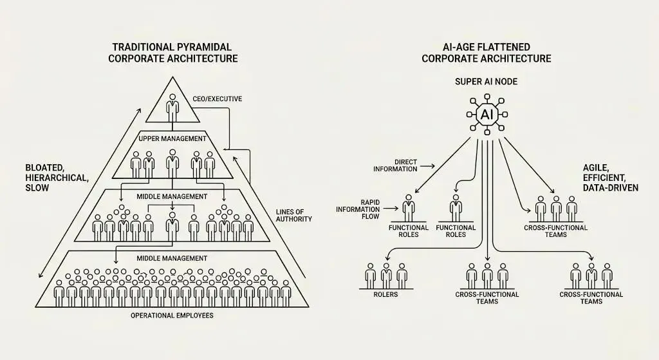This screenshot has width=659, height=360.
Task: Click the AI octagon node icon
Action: (x=487, y=114)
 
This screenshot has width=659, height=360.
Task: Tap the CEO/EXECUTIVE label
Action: (x=218, y=99)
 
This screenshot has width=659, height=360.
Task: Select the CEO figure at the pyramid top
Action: (x=172, y=108)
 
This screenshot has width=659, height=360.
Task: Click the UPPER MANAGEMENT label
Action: (x=172, y=138)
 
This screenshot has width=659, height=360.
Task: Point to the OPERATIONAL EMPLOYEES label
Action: (x=172, y=316)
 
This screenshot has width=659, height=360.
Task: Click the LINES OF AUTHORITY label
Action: (x=293, y=215)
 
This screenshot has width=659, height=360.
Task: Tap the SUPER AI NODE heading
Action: (x=487, y=82)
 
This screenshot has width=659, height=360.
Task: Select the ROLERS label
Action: (x=385, y=294)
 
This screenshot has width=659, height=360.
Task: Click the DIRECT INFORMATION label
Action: (x=395, y=166)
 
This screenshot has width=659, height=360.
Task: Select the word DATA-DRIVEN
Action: (x=611, y=187)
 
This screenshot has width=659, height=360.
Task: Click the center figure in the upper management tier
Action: (x=172, y=164)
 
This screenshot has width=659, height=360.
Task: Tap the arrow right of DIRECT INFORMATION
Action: (x=427, y=166)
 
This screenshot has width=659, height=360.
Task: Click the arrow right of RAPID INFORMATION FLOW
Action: (x=391, y=208)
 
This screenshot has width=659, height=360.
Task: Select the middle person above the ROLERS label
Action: (x=386, y=276)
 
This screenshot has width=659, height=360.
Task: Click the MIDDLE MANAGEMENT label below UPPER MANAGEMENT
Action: (x=172, y=196)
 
